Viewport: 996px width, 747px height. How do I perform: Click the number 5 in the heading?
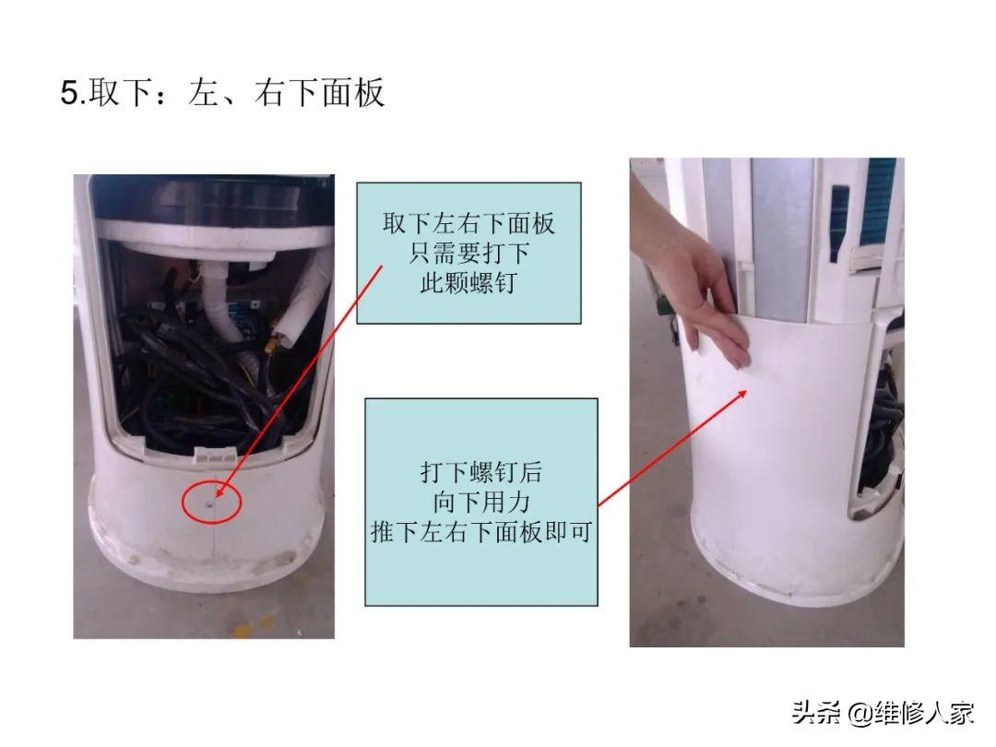pyautogui.click(x=69, y=93)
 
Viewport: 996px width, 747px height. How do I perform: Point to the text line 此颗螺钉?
pyautogui.click(x=468, y=283)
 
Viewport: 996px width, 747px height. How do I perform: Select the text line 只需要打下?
pyautogui.click(x=468, y=254)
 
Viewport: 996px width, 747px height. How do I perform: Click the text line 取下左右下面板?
pyautogui.click(x=468, y=223)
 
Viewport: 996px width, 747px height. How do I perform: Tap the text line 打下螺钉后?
pyautogui.click(x=481, y=472)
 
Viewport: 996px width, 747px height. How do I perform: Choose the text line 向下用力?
pyautogui.click(x=481, y=503)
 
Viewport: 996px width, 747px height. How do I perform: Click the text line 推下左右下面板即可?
pyautogui.click(x=481, y=532)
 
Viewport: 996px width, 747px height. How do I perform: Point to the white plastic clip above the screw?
pyautogui.click(x=215, y=453)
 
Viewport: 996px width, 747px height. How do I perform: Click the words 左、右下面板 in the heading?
pyautogui.click(x=287, y=93)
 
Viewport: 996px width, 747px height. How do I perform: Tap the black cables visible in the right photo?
pyautogui.click(x=883, y=432)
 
